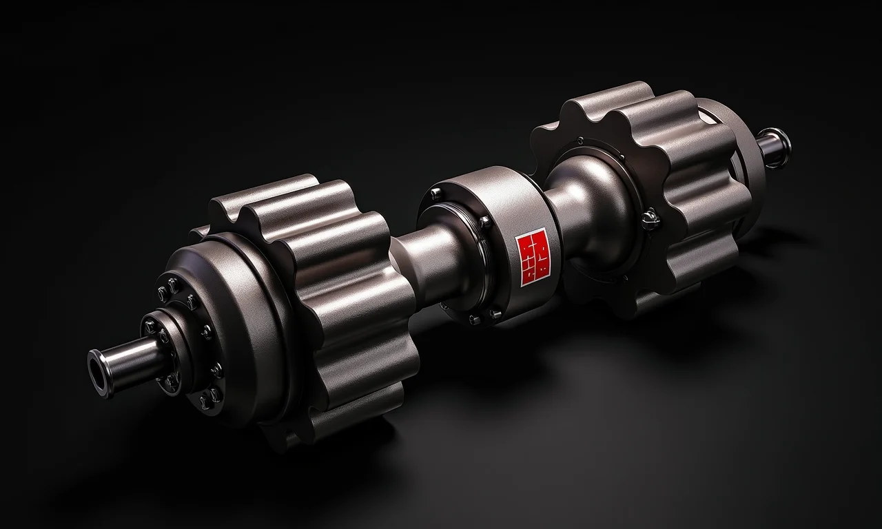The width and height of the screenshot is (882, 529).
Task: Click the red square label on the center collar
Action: [x=533, y=256]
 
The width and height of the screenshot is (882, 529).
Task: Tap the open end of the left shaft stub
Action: [x=99, y=373]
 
